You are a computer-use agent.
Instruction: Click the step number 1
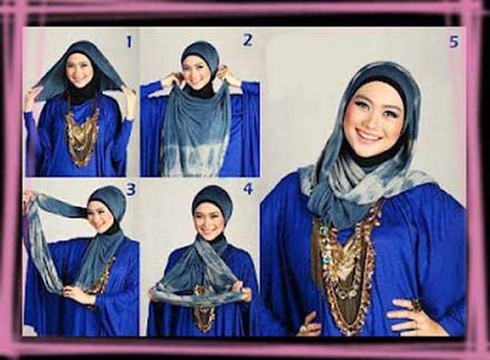click(x=129, y=42)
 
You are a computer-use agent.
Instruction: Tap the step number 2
click(x=248, y=40)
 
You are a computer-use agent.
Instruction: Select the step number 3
click(x=130, y=190)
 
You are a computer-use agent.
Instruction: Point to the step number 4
click(x=248, y=188)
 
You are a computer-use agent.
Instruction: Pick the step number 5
click(x=454, y=42)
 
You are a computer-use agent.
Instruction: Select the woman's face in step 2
click(x=200, y=73)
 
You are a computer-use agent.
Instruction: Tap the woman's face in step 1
click(x=81, y=70)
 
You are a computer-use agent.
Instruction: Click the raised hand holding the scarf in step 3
click(x=30, y=198)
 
